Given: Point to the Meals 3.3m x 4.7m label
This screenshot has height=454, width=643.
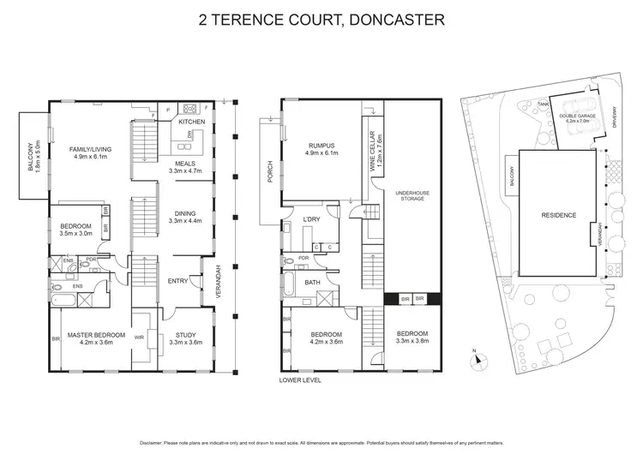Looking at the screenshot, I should [184, 167].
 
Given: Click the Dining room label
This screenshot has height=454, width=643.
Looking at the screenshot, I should [184, 218].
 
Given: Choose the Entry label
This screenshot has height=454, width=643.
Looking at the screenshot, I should [178, 281].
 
